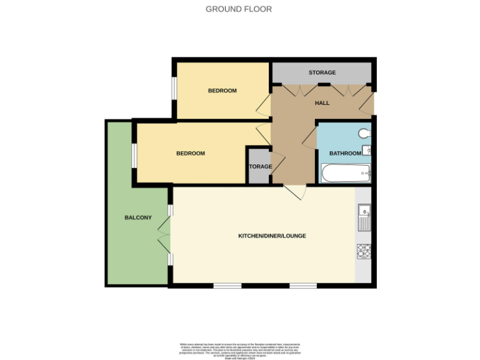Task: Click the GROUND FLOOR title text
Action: [239, 9]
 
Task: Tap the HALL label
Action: [322, 103]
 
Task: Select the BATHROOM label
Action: [345, 154]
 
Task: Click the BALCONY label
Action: [137, 217]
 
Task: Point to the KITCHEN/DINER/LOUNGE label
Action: [271, 236]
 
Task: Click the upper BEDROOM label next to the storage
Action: [222, 91]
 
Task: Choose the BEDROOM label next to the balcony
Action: [190, 154]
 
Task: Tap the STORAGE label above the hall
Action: [322, 73]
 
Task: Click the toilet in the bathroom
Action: [366, 132]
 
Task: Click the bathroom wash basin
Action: [367, 150]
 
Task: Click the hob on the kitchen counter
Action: [364, 251]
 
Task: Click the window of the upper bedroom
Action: [174, 87]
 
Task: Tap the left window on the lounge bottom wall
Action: [227, 286]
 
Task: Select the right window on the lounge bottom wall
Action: [302, 286]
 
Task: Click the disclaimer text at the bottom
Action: [240, 350]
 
